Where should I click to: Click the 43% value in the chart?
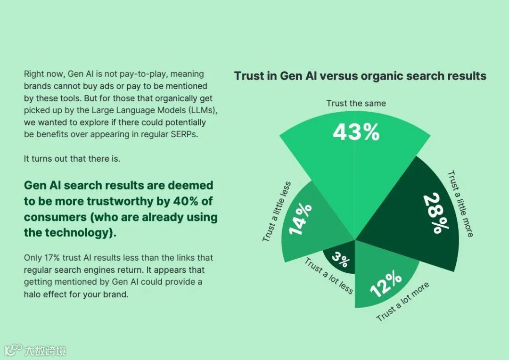pyautogui.click(x=356, y=132)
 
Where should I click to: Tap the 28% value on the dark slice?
pyautogui.click(x=435, y=213)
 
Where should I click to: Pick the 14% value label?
pyautogui.click(x=300, y=219)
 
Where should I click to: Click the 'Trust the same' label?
pyautogui.click(x=356, y=103)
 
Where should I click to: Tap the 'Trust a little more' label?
pyautogui.click(x=460, y=204)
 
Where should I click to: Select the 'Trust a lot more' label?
pyautogui.click(x=403, y=302)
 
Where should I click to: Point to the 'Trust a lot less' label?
pyautogui.click(x=329, y=275)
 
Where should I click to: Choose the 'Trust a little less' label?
pyautogui.click(x=277, y=212)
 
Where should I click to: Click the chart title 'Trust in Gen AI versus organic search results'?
pyautogui.click(x=360, y=76)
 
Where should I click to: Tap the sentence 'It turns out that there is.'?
pyautogui.click(x=72, y=158)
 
